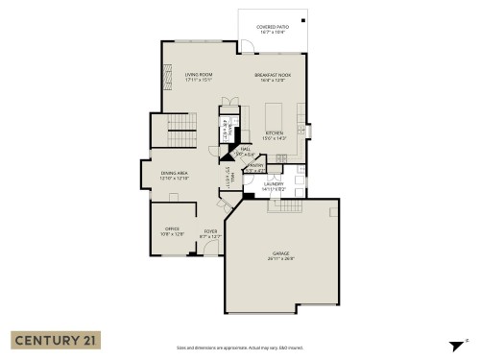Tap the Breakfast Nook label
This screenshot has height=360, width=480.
click(273, 76)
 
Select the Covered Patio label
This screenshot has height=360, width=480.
click(273, 29)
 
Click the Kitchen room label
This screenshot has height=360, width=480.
click(273, 135)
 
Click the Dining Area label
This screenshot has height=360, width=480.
click(174, 175)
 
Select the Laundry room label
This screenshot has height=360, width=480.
click(276, 188)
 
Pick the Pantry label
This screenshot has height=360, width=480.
click(254, 167)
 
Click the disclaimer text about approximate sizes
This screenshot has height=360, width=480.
click(239, 348)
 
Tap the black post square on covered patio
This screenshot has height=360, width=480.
click(303, 20)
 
